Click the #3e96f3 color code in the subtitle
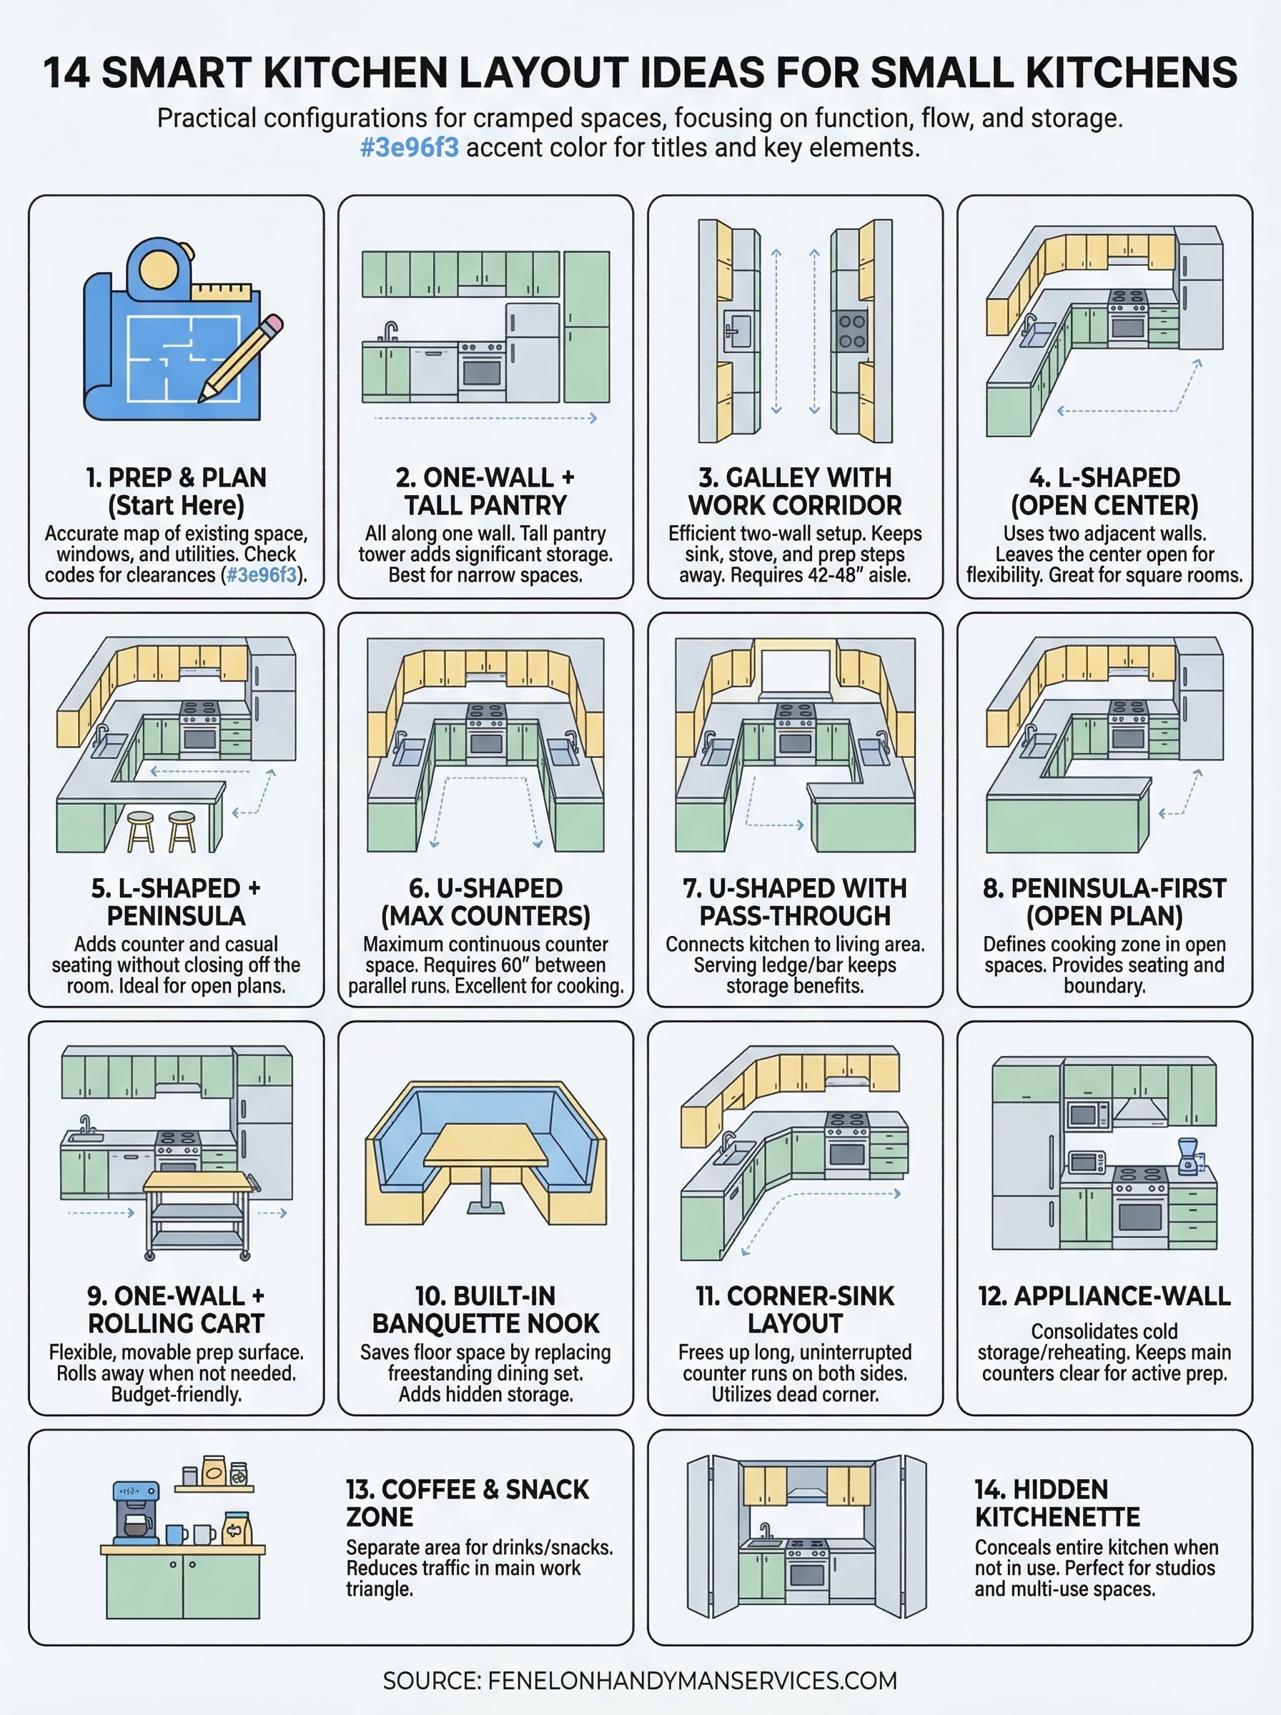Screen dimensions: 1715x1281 point(410,147)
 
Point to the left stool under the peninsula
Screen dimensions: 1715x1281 point(140,832)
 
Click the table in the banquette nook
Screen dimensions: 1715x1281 point(486,1145)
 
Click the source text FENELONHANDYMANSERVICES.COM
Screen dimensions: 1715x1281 point(692,1680)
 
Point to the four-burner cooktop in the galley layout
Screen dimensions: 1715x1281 point(851,331)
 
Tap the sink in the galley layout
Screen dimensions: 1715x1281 point(738,331)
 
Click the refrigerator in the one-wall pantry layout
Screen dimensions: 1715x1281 point(533,352)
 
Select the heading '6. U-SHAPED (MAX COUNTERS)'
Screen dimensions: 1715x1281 point(485,902)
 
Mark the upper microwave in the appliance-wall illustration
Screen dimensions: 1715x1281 point(1087,1115)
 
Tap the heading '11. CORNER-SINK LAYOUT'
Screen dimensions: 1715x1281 point(795,1310)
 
